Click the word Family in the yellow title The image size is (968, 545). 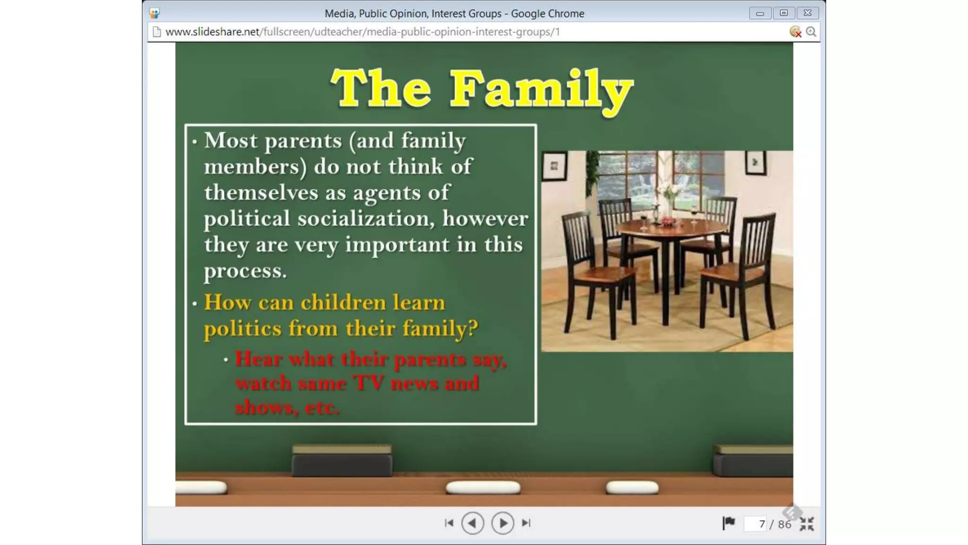(x=541, y=89)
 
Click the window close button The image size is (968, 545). (x=807, y=13)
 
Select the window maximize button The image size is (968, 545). (x=784, y=13)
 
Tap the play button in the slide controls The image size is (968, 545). (x=502, y=523)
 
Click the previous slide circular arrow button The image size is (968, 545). (x=472, y=523)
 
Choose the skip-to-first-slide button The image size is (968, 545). (x=449, y=523)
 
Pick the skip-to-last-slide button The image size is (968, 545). (x=526, y=523)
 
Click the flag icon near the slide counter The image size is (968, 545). (x=728, y=523)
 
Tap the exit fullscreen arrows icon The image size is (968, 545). (x=807, y=524)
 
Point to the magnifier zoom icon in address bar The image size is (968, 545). (x=811, y=32)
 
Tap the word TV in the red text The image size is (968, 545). (x=369, y=383)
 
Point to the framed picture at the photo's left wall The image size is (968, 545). (x=554, y=166)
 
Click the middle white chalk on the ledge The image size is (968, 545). (x=483, y=487)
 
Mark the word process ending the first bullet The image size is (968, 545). (x=245, y=271)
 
